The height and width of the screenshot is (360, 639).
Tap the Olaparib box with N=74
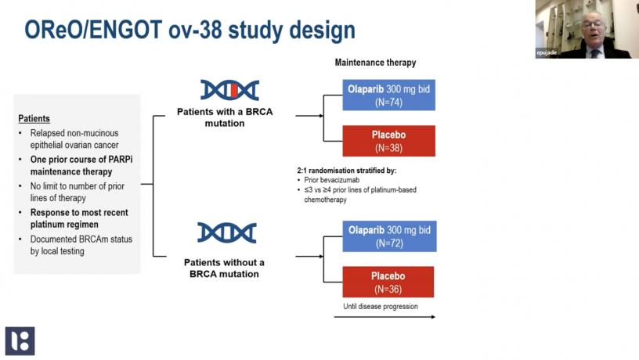(388, 95)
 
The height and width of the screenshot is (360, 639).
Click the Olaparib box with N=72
(388, 236)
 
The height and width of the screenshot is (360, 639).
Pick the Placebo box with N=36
(388, 282)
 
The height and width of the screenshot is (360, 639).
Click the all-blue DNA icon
(227, 232)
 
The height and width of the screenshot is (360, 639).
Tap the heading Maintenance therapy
(375, 63)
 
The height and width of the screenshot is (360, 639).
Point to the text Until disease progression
(381, 306)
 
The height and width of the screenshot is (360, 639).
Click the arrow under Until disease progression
(384, 317)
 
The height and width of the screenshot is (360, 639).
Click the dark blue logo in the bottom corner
(20, 341)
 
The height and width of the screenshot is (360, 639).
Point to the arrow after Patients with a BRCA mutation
(309, 117)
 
